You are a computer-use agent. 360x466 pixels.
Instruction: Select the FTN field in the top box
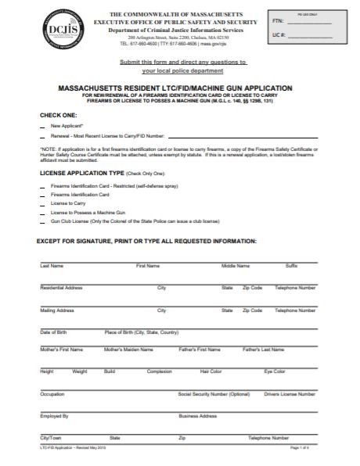[309, 24]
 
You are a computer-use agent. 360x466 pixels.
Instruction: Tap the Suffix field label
[291, 267]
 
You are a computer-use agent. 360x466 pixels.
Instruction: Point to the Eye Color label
[275, 371]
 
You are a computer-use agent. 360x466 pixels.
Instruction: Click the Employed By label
[54, 416]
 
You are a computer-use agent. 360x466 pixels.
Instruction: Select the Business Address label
[197, 416]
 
